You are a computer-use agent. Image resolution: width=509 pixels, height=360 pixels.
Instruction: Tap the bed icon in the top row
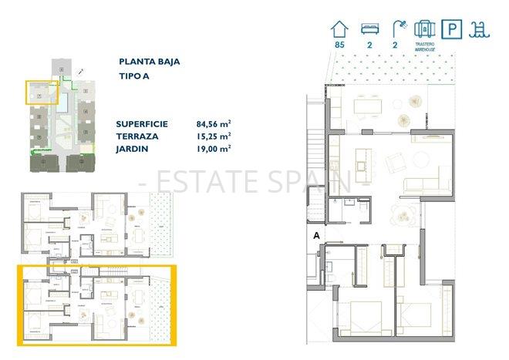click(x=366, y=29)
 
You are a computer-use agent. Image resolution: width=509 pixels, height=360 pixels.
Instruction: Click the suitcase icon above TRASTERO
click(x=423, y=30)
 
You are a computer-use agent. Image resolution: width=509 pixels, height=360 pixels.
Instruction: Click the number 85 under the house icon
click(x=338, y=45)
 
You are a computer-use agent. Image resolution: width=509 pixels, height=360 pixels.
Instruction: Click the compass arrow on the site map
click(x=81, y=70)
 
